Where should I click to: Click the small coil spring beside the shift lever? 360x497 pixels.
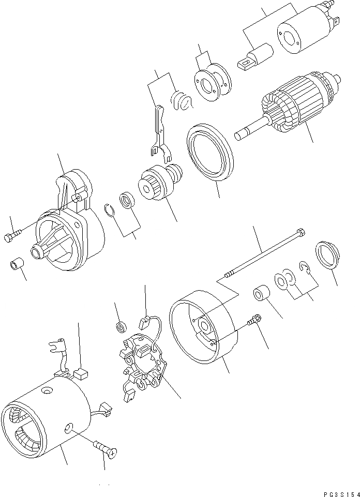[x=181, y=98]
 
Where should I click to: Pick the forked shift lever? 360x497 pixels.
[x=159, y=132]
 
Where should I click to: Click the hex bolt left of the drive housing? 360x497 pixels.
[x=12, y=237]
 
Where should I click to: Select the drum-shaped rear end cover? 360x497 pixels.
[x=204, y=326]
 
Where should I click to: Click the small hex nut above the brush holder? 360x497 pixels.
[x=121, y=326]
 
